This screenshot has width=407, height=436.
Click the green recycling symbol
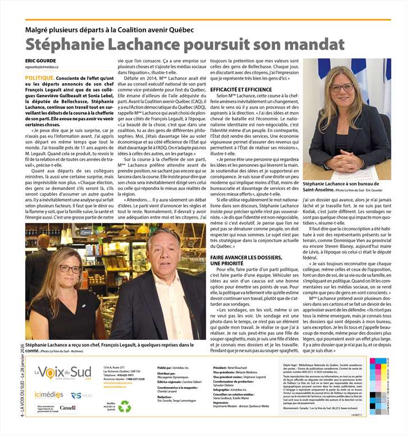pos(124,406)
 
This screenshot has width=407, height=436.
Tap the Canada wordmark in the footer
pos(67,407)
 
